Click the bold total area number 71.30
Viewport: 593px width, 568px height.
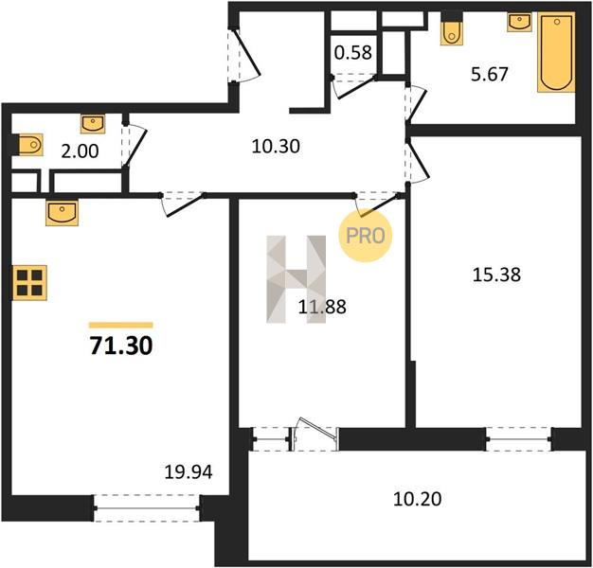click(121, 346)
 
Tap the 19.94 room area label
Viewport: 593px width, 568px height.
click(189, 471)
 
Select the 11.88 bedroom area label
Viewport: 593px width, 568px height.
click(322, 307)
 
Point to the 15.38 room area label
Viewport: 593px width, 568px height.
click(496, 275)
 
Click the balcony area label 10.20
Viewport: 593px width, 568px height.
click(417, 499)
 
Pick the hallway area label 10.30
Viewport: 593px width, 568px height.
click(276, 146)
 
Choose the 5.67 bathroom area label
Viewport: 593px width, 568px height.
click(490, 74)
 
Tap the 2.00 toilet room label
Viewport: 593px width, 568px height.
click(80, 151)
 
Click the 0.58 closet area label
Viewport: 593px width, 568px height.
click(353, 52)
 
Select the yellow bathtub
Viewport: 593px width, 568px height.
click(556, 52)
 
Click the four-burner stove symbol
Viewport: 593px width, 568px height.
click(30, 283)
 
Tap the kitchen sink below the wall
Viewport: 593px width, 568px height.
click(62, 213)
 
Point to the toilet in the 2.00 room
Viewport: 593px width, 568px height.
click(30, 144)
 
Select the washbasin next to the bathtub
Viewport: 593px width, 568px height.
click(520, 22)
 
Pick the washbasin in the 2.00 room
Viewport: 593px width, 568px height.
click(93, 124)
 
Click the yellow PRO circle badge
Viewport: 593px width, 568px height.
click(366, 236)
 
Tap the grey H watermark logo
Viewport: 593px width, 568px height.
click(296, 279)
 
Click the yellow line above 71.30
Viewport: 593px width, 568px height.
click(121, 325)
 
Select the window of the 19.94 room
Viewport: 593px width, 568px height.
click(147, 508)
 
